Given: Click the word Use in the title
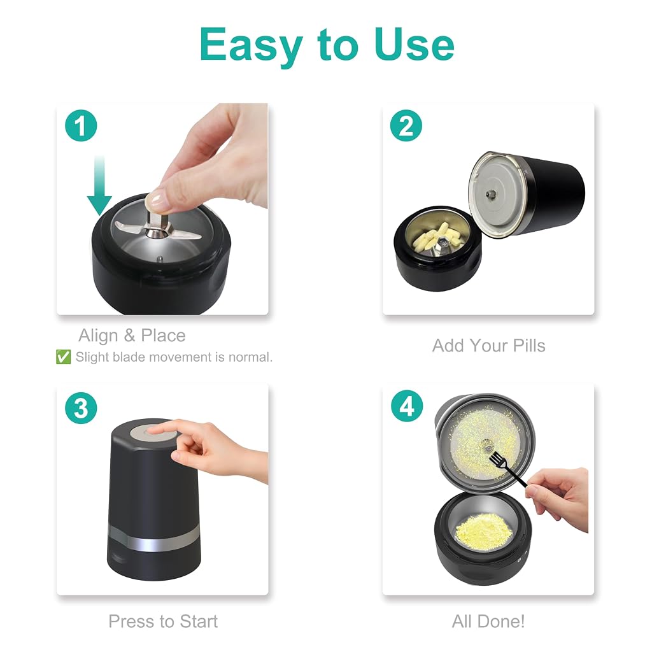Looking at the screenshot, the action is click(x=414, y=44).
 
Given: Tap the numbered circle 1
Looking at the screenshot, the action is click(x=81, y=125).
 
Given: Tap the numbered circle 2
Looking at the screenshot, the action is click(x=406, y=125).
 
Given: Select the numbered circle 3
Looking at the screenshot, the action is click(x=81, y=408).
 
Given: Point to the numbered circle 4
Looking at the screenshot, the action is click(x=407, y=406).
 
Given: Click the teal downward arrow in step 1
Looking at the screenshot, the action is click(x=99, y=185).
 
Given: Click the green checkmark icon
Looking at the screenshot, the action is click(x=63, y=357).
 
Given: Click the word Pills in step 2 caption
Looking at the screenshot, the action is click(x=529, y=346).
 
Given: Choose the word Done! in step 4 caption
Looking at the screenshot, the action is click(x=501, y=621).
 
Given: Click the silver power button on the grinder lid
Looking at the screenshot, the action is click(x=153, y=432).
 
